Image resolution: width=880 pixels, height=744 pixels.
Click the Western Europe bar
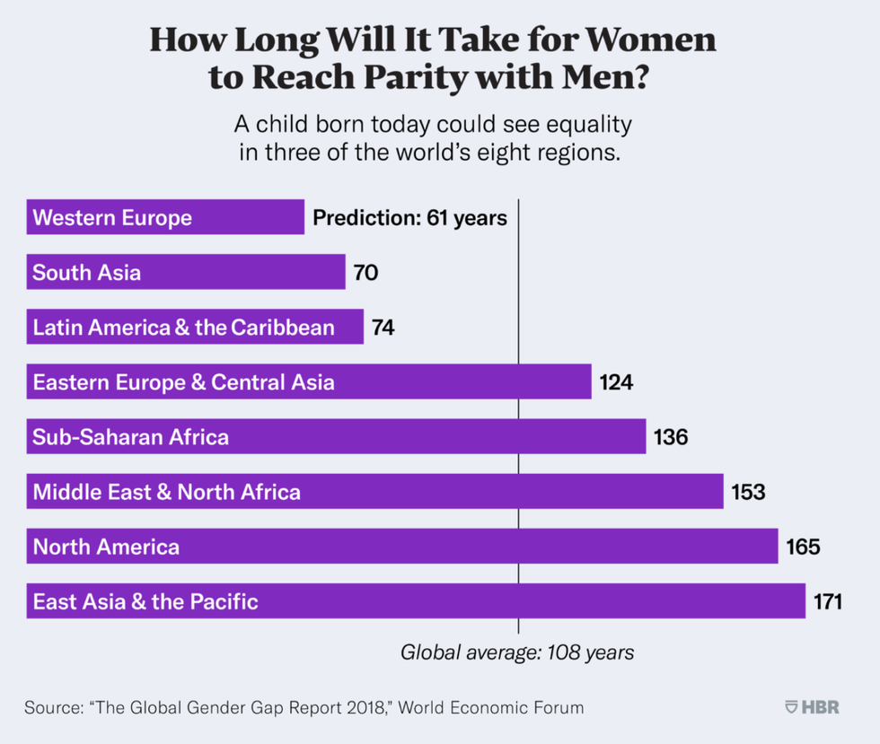click(x=166, y=217)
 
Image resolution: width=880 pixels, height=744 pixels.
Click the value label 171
click(x=827, y=601)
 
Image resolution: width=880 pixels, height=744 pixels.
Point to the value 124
click(x=617, y=382)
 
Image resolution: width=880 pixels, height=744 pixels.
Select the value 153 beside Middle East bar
click(x=748, y=492)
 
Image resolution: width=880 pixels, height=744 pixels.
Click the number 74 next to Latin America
click(x=383, y=328)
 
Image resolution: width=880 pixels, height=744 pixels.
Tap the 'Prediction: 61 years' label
click(x=409, y=217)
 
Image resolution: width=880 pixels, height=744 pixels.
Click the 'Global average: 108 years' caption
click(x=517, y=652)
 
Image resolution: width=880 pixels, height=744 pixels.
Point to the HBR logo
click(x=812, y=707)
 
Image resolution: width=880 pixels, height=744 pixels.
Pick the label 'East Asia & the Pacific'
click(x=145, y=601)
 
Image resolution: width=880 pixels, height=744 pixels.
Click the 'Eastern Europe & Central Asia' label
click(x=184, y=382)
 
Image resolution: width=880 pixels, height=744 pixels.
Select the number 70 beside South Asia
click(x=365, y=272)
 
